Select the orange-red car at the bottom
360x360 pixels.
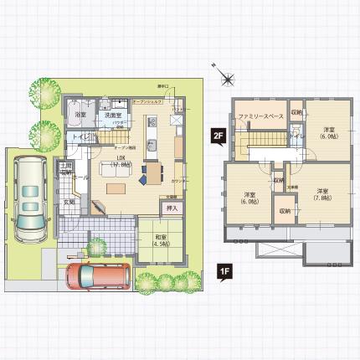point(95,276)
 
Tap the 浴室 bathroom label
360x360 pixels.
point(81,114)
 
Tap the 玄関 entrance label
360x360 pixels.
point(70,202)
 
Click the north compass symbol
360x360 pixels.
point(228,78)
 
